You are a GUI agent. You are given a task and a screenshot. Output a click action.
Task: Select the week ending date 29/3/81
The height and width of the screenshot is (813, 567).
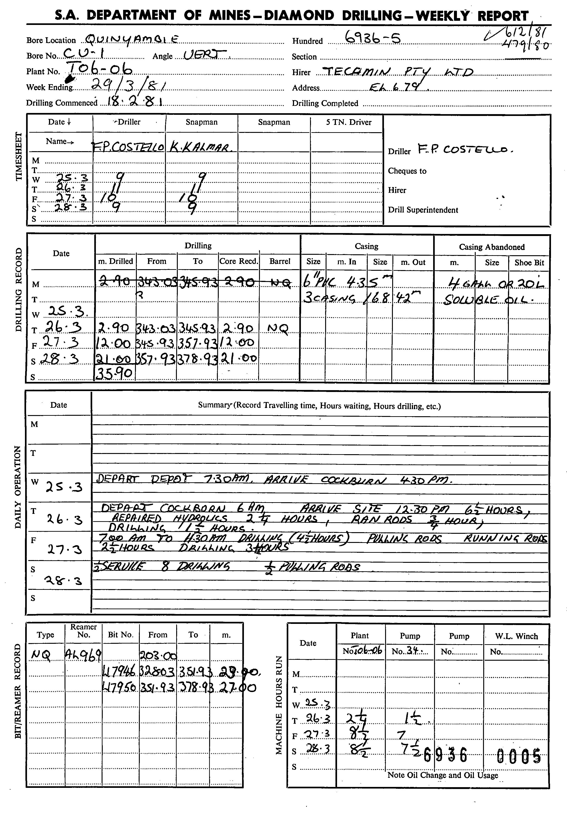point(129,85)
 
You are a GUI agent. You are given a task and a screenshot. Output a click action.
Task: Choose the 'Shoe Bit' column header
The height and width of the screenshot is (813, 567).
point(529,263)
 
